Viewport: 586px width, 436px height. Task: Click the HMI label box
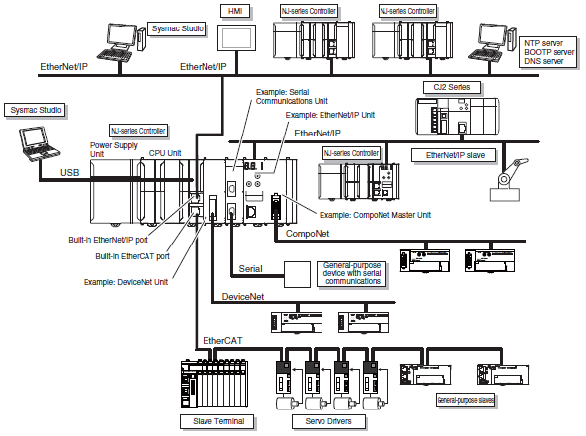[x=235, y=12]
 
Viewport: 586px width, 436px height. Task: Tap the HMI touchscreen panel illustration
[x=237, y=37]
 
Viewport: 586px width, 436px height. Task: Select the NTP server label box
[x=549, y=52]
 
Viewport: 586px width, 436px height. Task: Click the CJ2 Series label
[x=451, y=87]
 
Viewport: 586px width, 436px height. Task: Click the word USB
[x=70, y=173]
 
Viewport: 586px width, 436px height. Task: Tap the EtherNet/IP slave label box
[x=453, y=155]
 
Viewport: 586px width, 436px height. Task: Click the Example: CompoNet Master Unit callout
[x=375, y=215]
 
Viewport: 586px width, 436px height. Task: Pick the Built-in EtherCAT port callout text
[x=133, y=256]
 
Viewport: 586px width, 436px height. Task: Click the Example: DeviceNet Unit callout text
[x=126, y=282]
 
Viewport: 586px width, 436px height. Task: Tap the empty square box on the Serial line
[x=297, y=274]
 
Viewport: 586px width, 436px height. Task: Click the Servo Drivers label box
[x=328, y=422]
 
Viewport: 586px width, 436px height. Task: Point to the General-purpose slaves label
[x=465, y=400]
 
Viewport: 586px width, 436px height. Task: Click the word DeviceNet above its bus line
[x=243, y=297]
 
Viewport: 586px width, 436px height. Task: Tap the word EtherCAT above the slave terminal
[x=222, y=341]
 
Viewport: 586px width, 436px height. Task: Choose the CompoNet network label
[x=308, y=234]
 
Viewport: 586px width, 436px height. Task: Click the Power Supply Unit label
[x=114, y=149]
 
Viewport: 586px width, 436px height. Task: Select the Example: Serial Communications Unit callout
[x=291, y=96]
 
